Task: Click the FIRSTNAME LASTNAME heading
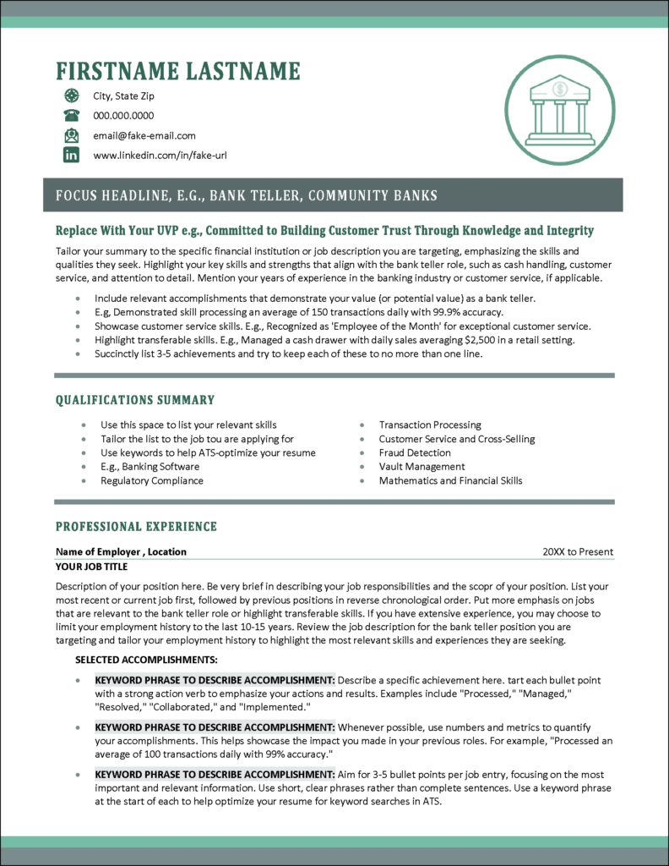177,71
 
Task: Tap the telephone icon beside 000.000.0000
72,116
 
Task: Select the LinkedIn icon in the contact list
72,155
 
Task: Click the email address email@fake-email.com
144,135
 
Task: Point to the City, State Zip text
123,96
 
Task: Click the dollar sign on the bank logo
559,89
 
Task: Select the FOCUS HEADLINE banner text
246,196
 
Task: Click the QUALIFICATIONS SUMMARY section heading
135,400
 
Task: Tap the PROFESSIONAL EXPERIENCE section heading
136,527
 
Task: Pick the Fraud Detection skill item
415,452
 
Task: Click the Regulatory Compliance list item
151,480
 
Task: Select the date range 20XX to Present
578,552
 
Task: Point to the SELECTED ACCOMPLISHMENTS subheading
146,659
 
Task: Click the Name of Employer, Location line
121,552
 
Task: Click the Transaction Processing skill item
430,425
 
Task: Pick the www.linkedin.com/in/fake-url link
160,156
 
